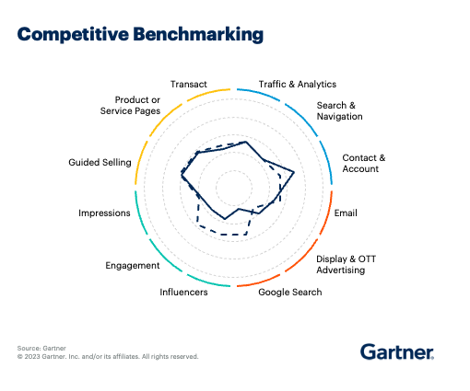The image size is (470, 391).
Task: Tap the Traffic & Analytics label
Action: coord(297,84)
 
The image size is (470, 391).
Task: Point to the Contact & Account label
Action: coord(363,163)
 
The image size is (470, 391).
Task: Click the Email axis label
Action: coord(346,213)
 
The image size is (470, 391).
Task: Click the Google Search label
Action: coord(289,293)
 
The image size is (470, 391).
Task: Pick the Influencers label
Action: coord(183,293)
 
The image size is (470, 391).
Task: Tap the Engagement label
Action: coord(133,265)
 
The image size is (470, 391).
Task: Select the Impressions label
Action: coord(104,213)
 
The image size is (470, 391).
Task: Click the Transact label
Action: coord(189,84)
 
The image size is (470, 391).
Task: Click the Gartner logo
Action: coord(396,351)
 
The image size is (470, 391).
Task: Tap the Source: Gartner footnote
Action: coord(41,348)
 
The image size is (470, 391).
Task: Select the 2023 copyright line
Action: coord(107,356)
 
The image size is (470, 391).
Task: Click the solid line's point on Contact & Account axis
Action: coord(294,172)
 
